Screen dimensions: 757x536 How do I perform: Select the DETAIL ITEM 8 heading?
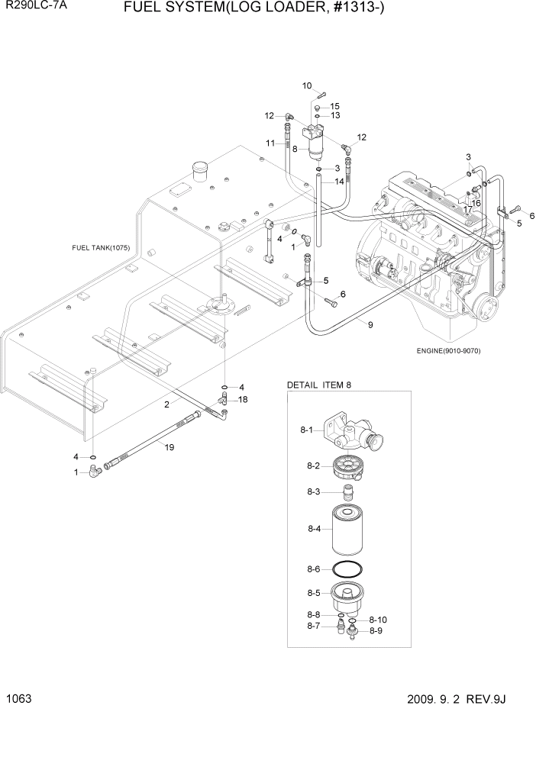(x=318, y=385)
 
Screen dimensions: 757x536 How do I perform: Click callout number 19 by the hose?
(x=170, y=447)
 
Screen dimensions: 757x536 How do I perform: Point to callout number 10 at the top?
(x=308, y=85)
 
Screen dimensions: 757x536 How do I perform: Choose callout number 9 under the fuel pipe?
(x=370, y=325)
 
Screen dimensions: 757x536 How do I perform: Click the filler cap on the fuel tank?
(x=201, y=172)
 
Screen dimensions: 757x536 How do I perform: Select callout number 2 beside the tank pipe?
(x=166, y=405)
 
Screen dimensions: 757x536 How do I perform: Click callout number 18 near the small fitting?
(x=243, y=400)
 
